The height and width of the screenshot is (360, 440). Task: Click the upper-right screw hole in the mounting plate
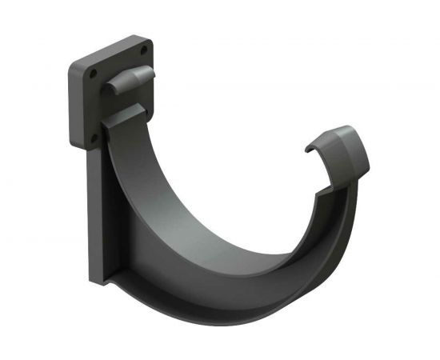144,51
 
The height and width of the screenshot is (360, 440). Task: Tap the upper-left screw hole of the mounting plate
92,71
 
